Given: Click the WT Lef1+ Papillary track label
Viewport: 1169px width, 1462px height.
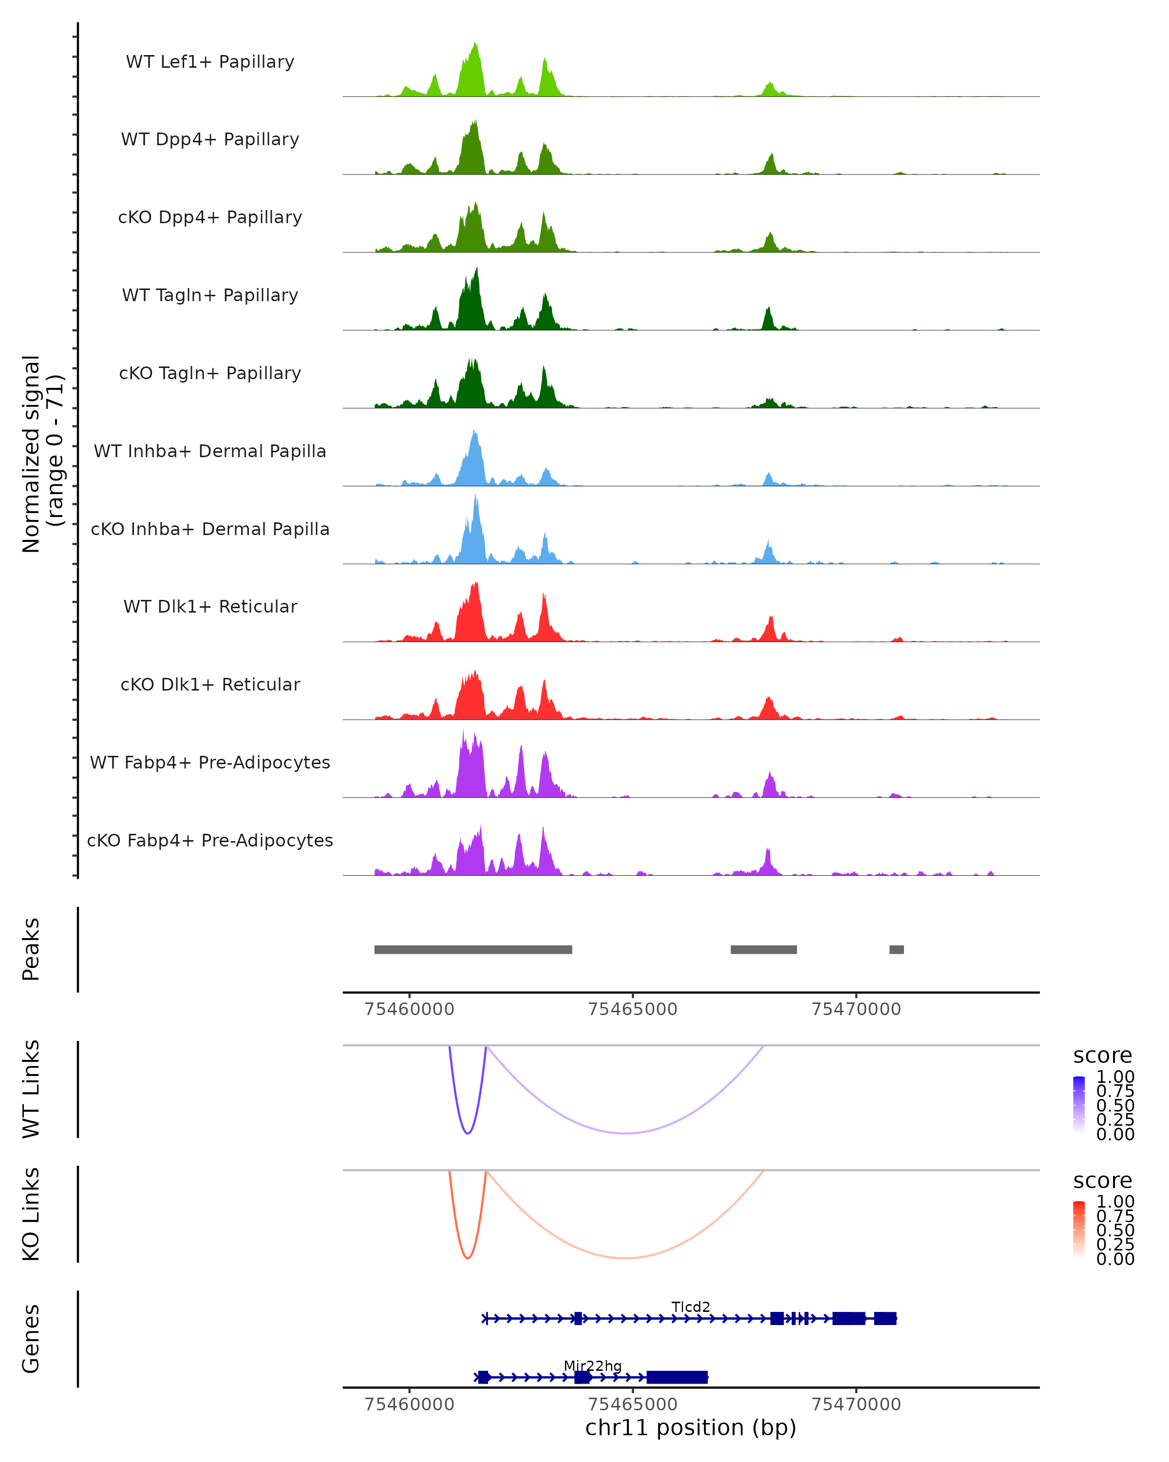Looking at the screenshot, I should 210,62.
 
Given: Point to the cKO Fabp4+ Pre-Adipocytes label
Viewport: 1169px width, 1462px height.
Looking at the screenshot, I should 210,840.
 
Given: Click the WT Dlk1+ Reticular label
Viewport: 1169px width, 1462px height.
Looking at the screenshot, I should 210,606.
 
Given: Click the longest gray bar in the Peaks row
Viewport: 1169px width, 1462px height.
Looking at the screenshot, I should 473,949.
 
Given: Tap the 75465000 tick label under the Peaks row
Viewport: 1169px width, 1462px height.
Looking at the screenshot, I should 632,1009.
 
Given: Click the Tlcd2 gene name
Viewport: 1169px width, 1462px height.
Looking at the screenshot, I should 691,1307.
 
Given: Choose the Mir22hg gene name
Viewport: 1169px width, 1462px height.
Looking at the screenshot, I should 592,1366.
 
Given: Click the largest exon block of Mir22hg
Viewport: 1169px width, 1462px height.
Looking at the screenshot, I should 677,1377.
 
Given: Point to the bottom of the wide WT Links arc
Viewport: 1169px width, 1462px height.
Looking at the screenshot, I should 625,1133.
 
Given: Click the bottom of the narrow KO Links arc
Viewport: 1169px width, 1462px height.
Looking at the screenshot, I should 468,1258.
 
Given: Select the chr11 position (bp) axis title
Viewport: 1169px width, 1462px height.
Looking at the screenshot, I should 691,1427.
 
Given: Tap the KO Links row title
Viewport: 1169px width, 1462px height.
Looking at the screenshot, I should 31,1214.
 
